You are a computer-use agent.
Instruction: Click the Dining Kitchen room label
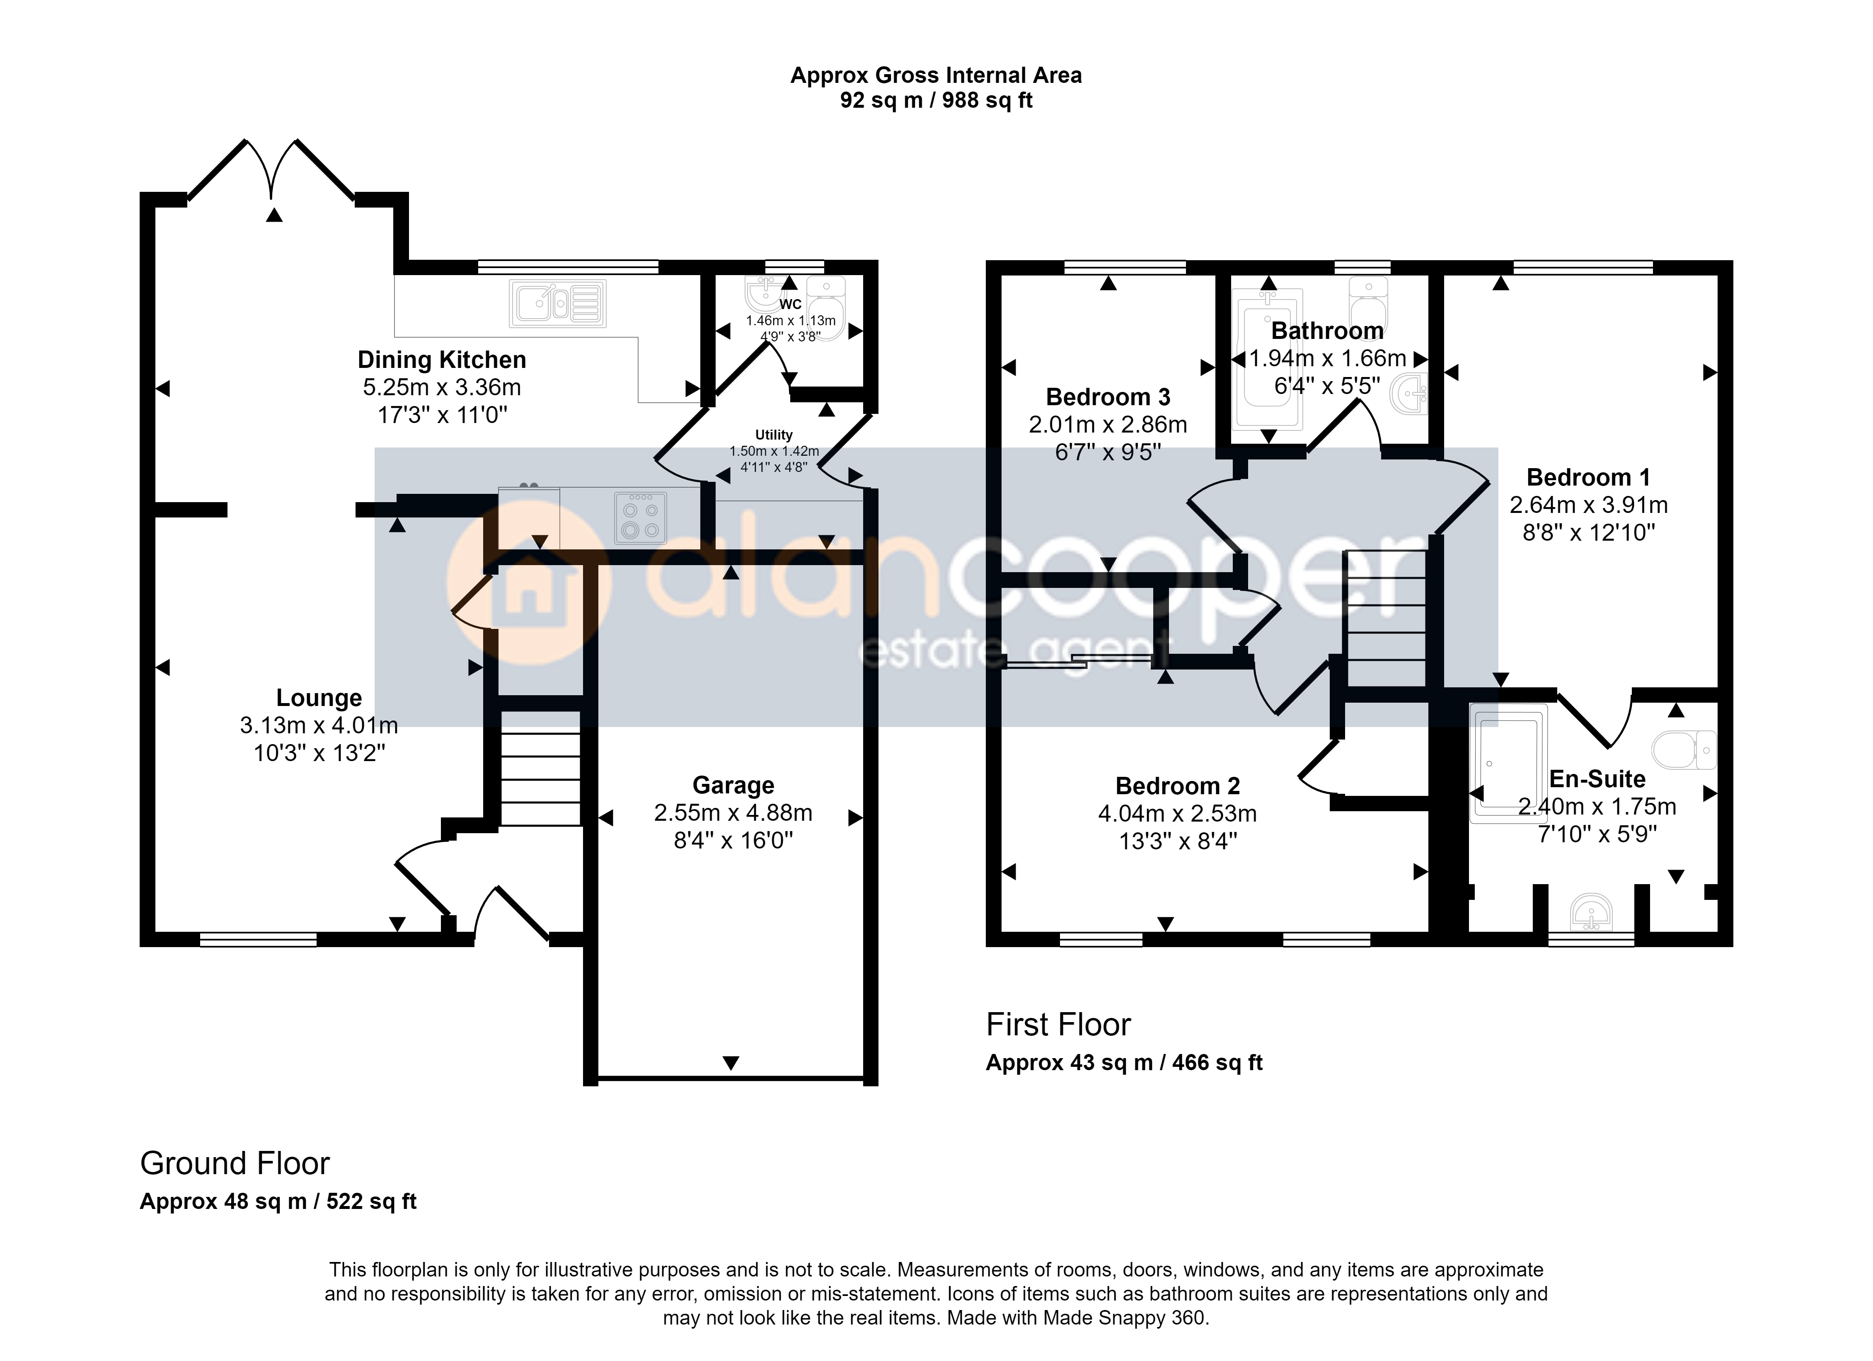442,360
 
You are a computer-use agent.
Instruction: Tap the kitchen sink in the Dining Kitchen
557,303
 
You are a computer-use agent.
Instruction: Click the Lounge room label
319,698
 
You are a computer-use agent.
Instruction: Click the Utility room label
774,434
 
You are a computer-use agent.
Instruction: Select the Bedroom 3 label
1108,397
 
